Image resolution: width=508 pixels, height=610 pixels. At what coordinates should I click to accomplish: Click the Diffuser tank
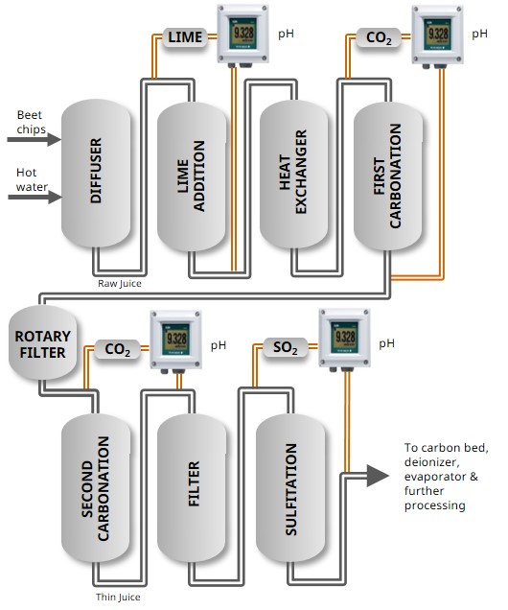coord(96,173)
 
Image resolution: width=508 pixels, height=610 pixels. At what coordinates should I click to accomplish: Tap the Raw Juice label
coord(119,284)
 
